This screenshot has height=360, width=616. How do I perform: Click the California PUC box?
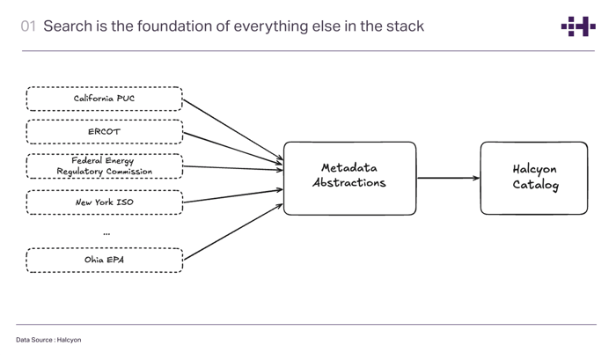point(104,99)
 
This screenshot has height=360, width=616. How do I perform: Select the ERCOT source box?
point(104,132)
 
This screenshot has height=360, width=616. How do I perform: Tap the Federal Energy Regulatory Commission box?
point(104,165)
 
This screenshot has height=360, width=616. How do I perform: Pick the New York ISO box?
point(104,202)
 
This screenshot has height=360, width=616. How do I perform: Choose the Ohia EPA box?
point(104,260)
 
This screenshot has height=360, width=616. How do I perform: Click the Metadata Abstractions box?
point(349,178)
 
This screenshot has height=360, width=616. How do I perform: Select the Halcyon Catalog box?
point(533,178)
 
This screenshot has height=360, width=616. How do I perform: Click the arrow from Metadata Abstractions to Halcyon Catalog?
point(448,178)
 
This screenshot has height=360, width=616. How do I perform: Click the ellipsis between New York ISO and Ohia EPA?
point(106,233)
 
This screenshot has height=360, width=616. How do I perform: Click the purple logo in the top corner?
point(577,26)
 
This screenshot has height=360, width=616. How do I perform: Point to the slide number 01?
point(28,26)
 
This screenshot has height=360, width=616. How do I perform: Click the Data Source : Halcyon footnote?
point(48,340)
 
